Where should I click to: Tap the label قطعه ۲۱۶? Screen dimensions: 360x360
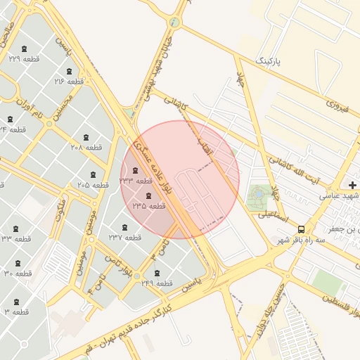[69, 82]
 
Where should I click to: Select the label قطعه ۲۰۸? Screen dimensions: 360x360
[86, 148]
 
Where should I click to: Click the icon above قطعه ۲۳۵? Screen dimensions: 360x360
[148, 195]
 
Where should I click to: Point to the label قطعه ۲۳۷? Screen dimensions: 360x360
[125, 238]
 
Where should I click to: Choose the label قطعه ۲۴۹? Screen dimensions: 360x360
[156, 283]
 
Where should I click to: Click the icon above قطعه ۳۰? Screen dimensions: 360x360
[17, 263]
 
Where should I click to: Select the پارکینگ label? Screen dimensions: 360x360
[266, 62]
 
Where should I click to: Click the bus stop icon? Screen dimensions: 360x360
[301, 229]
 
